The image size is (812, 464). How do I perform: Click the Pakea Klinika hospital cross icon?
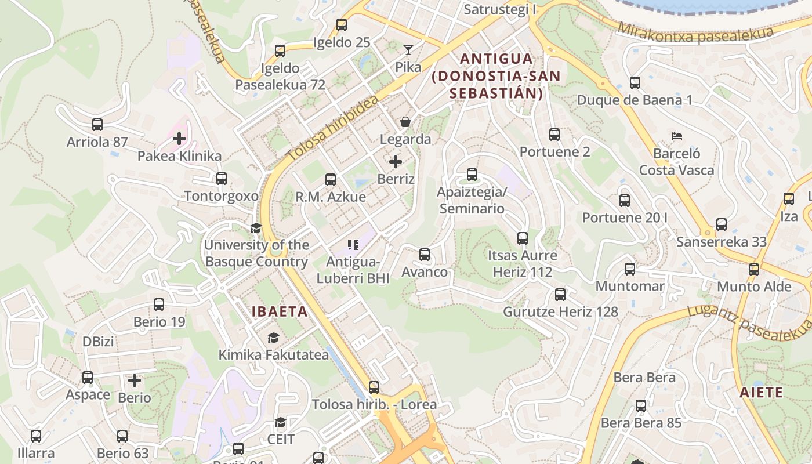click(179, 139)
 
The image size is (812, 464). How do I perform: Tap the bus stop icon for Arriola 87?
click(97, 125)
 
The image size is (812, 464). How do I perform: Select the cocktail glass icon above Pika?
click(408, 50)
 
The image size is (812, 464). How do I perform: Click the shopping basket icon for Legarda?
click(405, 122)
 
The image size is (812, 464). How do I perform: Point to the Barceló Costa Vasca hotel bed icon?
click(676, 137)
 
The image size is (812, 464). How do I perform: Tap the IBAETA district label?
click(280, 311)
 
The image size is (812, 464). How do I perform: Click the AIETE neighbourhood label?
click(761, 393)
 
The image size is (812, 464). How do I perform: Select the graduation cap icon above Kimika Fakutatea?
click(273, 338)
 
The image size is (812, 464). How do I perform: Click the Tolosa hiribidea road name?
click(333, 128)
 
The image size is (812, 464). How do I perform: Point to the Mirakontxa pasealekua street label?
click(695, 34)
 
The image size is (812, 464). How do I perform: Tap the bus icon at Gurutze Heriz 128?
click(560, 295)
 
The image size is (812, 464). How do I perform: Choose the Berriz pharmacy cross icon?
click(396, 161)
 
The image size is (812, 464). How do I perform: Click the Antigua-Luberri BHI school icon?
click(353, 245)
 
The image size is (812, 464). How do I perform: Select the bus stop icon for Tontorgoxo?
click(222, 179)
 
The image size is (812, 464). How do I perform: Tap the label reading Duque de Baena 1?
click(635, 100)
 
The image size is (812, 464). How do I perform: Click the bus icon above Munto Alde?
click(754, 270)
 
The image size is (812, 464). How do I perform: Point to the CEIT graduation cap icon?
click(281, 422)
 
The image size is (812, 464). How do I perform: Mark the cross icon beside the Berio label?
click(135, 380)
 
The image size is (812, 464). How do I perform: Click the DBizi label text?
click(98, 342)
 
